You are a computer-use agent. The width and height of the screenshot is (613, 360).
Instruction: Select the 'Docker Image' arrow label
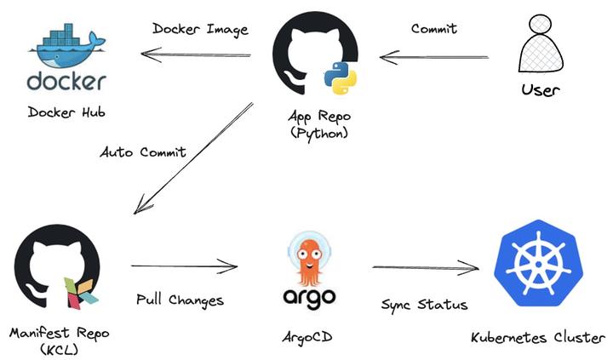click(x=200, y=29)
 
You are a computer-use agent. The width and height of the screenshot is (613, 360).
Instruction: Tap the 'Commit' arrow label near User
click(x=433, y=29)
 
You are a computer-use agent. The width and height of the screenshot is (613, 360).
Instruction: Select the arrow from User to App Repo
click(x=434, y=58)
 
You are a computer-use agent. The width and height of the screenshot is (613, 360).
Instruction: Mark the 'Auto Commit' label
click(x=143, y=152)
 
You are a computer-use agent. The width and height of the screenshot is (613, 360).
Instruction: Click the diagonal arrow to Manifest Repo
click(x=193, y=159)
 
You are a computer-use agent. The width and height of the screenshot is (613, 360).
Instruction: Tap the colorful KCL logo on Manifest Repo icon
click(x=81, y=290)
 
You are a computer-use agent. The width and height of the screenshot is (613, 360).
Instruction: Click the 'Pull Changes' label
click(x=180, y=300)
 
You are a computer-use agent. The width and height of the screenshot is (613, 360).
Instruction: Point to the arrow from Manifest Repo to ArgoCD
click(x=184, y=267)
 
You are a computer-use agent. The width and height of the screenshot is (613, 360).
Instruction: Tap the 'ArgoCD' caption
click(x=306, y=338)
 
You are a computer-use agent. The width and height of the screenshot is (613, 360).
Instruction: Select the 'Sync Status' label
click(x=424, y=304)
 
